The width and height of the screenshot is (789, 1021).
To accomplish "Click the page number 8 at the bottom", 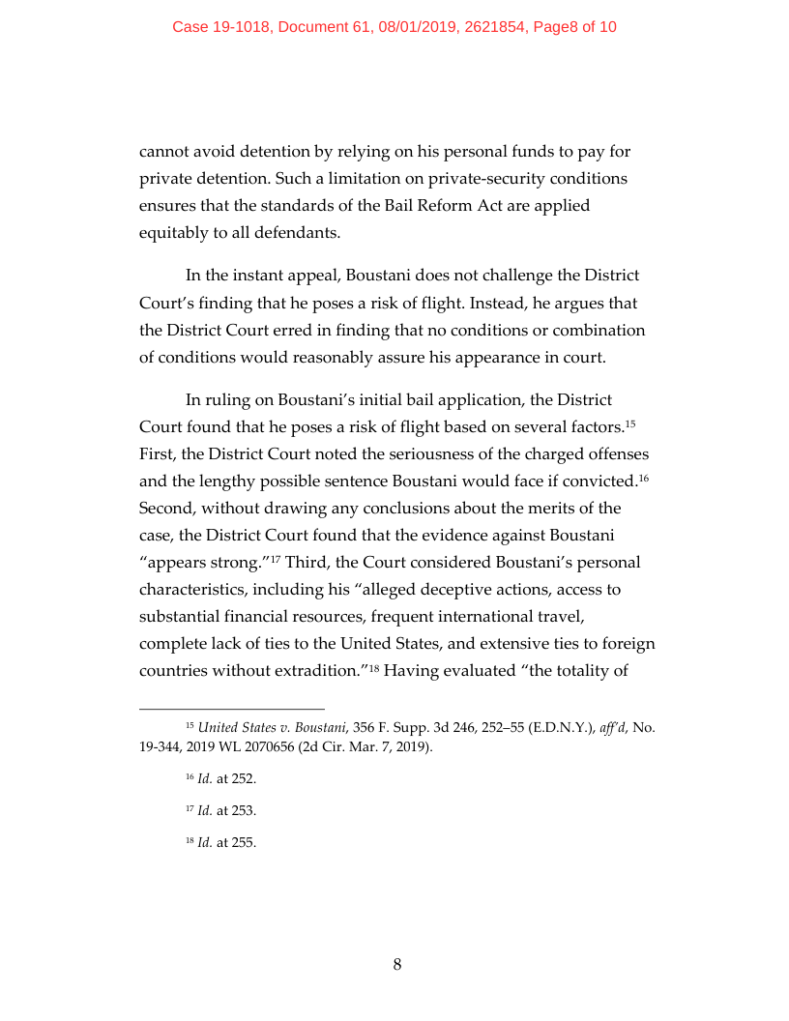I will tap(396, 964).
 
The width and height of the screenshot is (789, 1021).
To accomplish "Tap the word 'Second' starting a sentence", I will tap(166, 508).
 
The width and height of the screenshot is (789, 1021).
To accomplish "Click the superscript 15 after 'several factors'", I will tap(628, 423).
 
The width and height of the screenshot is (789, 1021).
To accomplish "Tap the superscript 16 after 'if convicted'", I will tap(642, 477).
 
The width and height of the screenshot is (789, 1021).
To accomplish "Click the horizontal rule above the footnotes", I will tap(232, 708).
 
